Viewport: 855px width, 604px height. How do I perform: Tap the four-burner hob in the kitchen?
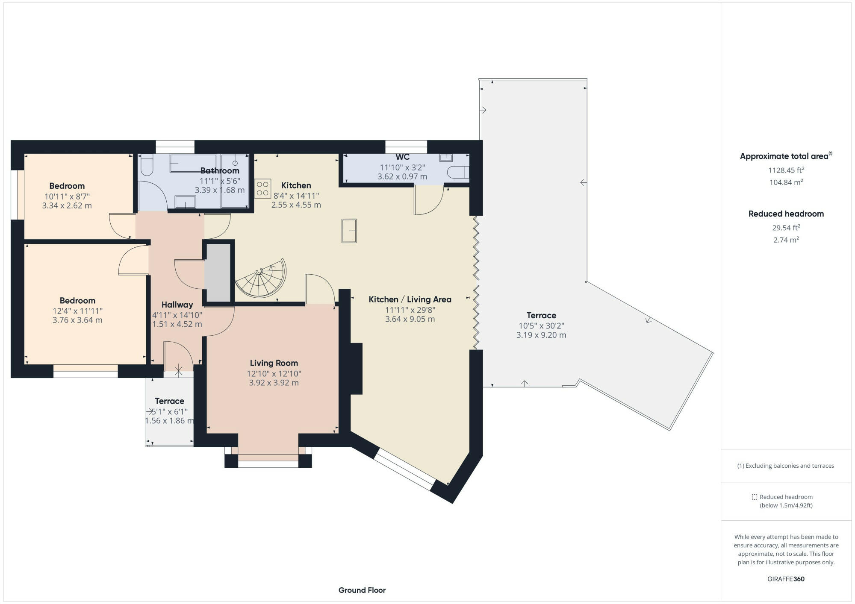(x=263, y=188)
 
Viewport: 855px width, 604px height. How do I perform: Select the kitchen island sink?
(x=349, y=231)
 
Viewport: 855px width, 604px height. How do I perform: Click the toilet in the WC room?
(x=458, y=172)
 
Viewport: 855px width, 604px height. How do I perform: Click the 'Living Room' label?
(x=274, y=363)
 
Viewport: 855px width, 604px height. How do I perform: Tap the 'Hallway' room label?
(x=177, y=305)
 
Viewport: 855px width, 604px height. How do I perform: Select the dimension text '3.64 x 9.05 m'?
(x=410, y=319)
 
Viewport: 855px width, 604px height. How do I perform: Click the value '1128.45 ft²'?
(x=786, y=170)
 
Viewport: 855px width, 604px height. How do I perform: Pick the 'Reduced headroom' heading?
(x=786, y=214)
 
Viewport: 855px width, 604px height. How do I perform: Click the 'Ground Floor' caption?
(x=362, y=590)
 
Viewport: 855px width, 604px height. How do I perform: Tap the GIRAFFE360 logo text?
(x=786, y=579)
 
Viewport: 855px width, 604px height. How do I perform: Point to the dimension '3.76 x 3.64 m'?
(x=77, y=320)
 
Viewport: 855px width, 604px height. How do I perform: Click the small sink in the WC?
(x=446, y=158)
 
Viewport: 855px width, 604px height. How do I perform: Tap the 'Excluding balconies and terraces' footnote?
(x=786, y=466)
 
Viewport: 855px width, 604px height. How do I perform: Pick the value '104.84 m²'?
(x=786, y=182)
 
